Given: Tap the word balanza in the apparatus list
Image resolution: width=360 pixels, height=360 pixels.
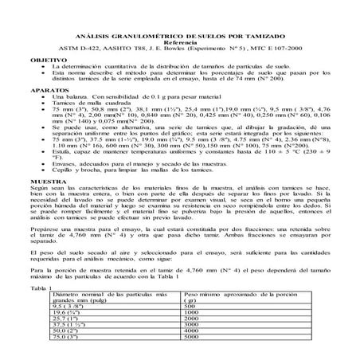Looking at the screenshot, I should click(77, 98).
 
